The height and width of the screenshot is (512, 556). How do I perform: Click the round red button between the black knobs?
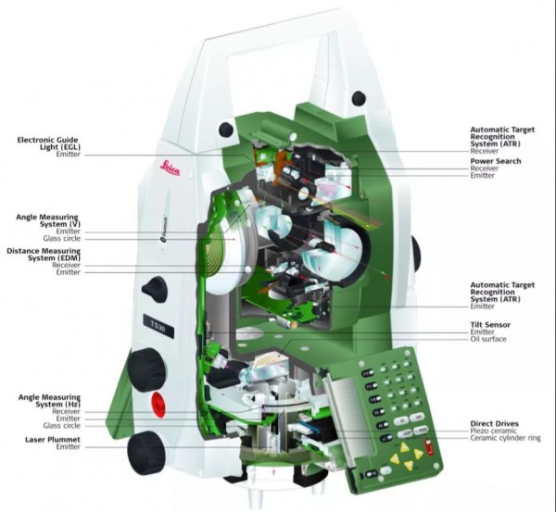tap(161, 404)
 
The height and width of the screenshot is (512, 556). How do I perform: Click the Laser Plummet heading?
tap(48, 438)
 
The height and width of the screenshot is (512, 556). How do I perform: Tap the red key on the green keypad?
tap(429, 448)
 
